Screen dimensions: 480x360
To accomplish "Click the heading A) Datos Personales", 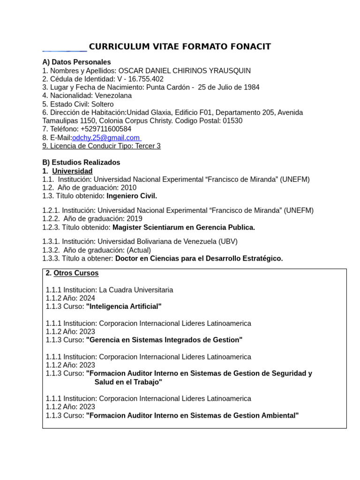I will point(76,62).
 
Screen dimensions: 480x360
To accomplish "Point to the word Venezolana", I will point(109,96).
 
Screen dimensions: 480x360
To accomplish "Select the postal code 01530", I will point(232,120).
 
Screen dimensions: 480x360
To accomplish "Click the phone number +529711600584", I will point(105,129).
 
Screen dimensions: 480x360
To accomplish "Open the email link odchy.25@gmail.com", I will point(106,137).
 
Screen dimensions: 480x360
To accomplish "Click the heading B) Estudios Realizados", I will point(81,162).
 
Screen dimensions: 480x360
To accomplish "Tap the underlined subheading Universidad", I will point(72,171).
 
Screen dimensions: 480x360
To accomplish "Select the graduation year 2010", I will point(128,187).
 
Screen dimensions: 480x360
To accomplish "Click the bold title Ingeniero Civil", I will point(132,196).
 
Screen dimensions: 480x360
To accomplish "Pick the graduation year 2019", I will point(134,218).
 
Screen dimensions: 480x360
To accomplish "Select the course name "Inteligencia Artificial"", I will point(124,306).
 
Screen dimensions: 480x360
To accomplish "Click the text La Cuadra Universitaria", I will point(136,290).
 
